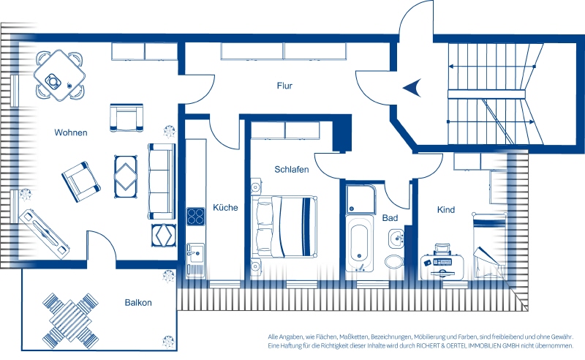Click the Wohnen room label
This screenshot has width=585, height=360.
(x=70, y=132)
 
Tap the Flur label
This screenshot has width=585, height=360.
(x=284, y=86)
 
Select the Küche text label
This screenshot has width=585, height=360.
(x=225, y=208)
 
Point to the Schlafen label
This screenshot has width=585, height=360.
(x=292, y=170)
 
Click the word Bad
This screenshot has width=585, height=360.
(x=390, y=218)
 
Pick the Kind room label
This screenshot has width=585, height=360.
(x=446, y=210)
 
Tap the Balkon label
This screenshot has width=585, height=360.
(x=138, y=303)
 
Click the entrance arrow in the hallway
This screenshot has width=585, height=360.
(x=412, y=88)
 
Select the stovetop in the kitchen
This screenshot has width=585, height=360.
(x=195, y=217)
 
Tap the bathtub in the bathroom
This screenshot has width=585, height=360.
(x=359, y=243)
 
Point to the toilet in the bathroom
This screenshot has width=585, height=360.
(x=393, y=261)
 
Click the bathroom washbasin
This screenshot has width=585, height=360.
(x=396, y=238)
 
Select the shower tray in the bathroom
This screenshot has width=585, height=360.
(x=361, y=200)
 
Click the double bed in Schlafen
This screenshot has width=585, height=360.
(x=284, y=227)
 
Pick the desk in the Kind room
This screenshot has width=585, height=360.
(x=442, y=266)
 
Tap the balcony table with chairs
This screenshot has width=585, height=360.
(x=70, y=320)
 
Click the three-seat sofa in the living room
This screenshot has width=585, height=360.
(x=162, y=181)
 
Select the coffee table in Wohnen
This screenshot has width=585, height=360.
(x=125, y=176)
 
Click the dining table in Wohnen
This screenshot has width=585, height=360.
(x=59, y=75)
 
